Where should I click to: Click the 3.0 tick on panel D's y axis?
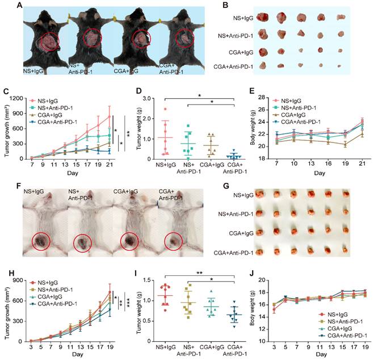tap(133, 98)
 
